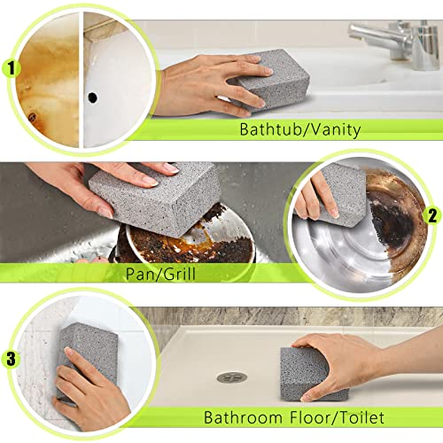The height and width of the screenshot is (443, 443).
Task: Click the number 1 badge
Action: coord(12,67)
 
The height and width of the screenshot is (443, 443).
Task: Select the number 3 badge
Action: coord(12,359)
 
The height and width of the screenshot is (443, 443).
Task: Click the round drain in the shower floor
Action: coord(232,377)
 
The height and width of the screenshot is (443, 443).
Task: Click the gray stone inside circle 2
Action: coord(341,190)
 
